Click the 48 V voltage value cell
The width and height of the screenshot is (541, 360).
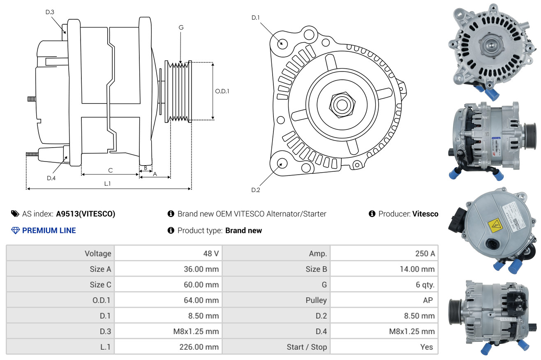pos(210,254)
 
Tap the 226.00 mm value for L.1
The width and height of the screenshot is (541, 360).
pos(199,347)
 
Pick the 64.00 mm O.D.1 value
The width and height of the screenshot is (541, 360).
pos(201,300)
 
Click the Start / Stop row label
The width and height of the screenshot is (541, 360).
pos(307,347)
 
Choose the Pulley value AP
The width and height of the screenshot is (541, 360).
pos(428,300)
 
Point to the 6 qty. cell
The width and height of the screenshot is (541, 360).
pos(425,285)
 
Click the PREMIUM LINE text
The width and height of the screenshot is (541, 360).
pos(49,231)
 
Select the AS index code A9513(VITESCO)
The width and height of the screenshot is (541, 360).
pos(86,214)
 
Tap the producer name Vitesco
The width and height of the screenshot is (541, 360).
pos(425,214)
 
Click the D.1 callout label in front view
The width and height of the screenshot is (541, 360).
pos(256,18)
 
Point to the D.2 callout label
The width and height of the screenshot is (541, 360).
pos(256,190)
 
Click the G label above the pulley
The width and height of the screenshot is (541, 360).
pos(181,28)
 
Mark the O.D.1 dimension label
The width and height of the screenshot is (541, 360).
pos(222,91)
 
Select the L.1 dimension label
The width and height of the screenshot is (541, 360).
pos(107,184)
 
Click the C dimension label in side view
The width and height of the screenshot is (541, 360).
pos(110,170)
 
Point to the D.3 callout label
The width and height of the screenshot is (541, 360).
pos(50,12)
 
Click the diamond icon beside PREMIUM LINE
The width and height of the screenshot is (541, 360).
pos(16,231)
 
